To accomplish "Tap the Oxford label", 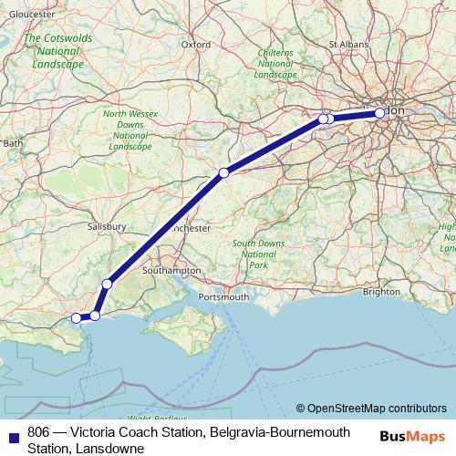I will [x=196, y=43].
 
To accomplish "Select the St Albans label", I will [x=347, y=43].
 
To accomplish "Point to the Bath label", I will [x=13, y=143].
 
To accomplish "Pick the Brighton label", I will [x=381, y=292].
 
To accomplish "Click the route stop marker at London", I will [x=380, y=113].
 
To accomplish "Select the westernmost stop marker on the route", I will [x=78, y=318].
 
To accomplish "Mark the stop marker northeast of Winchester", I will [x=223, y=172].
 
